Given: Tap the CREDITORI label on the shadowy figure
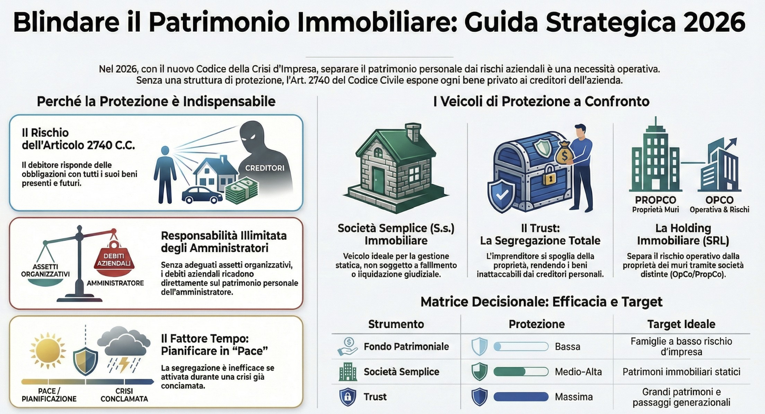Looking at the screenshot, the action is [x=265, y=168].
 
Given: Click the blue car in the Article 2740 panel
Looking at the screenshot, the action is [x=202, y=195].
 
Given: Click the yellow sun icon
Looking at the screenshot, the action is [x=48, y=350].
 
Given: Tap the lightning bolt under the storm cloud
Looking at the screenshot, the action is [x=124, y=364].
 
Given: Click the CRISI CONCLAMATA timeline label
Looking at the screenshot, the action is [x=124, y=395].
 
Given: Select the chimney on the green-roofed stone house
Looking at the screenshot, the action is [x=413, y=132].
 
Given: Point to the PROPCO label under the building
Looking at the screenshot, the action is [x=656, y=200].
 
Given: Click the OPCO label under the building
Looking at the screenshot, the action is [x=719, y=200].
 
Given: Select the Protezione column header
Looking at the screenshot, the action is [x=537, y=324].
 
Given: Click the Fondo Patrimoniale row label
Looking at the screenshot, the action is [x=406, y=346].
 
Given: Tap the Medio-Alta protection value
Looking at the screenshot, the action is [x=578, y=372].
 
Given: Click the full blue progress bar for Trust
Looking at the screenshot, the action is [x=521, y=397].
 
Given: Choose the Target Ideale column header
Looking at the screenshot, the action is [x=682, y=324].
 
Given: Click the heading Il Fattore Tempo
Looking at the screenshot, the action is [x=205, y=339].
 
